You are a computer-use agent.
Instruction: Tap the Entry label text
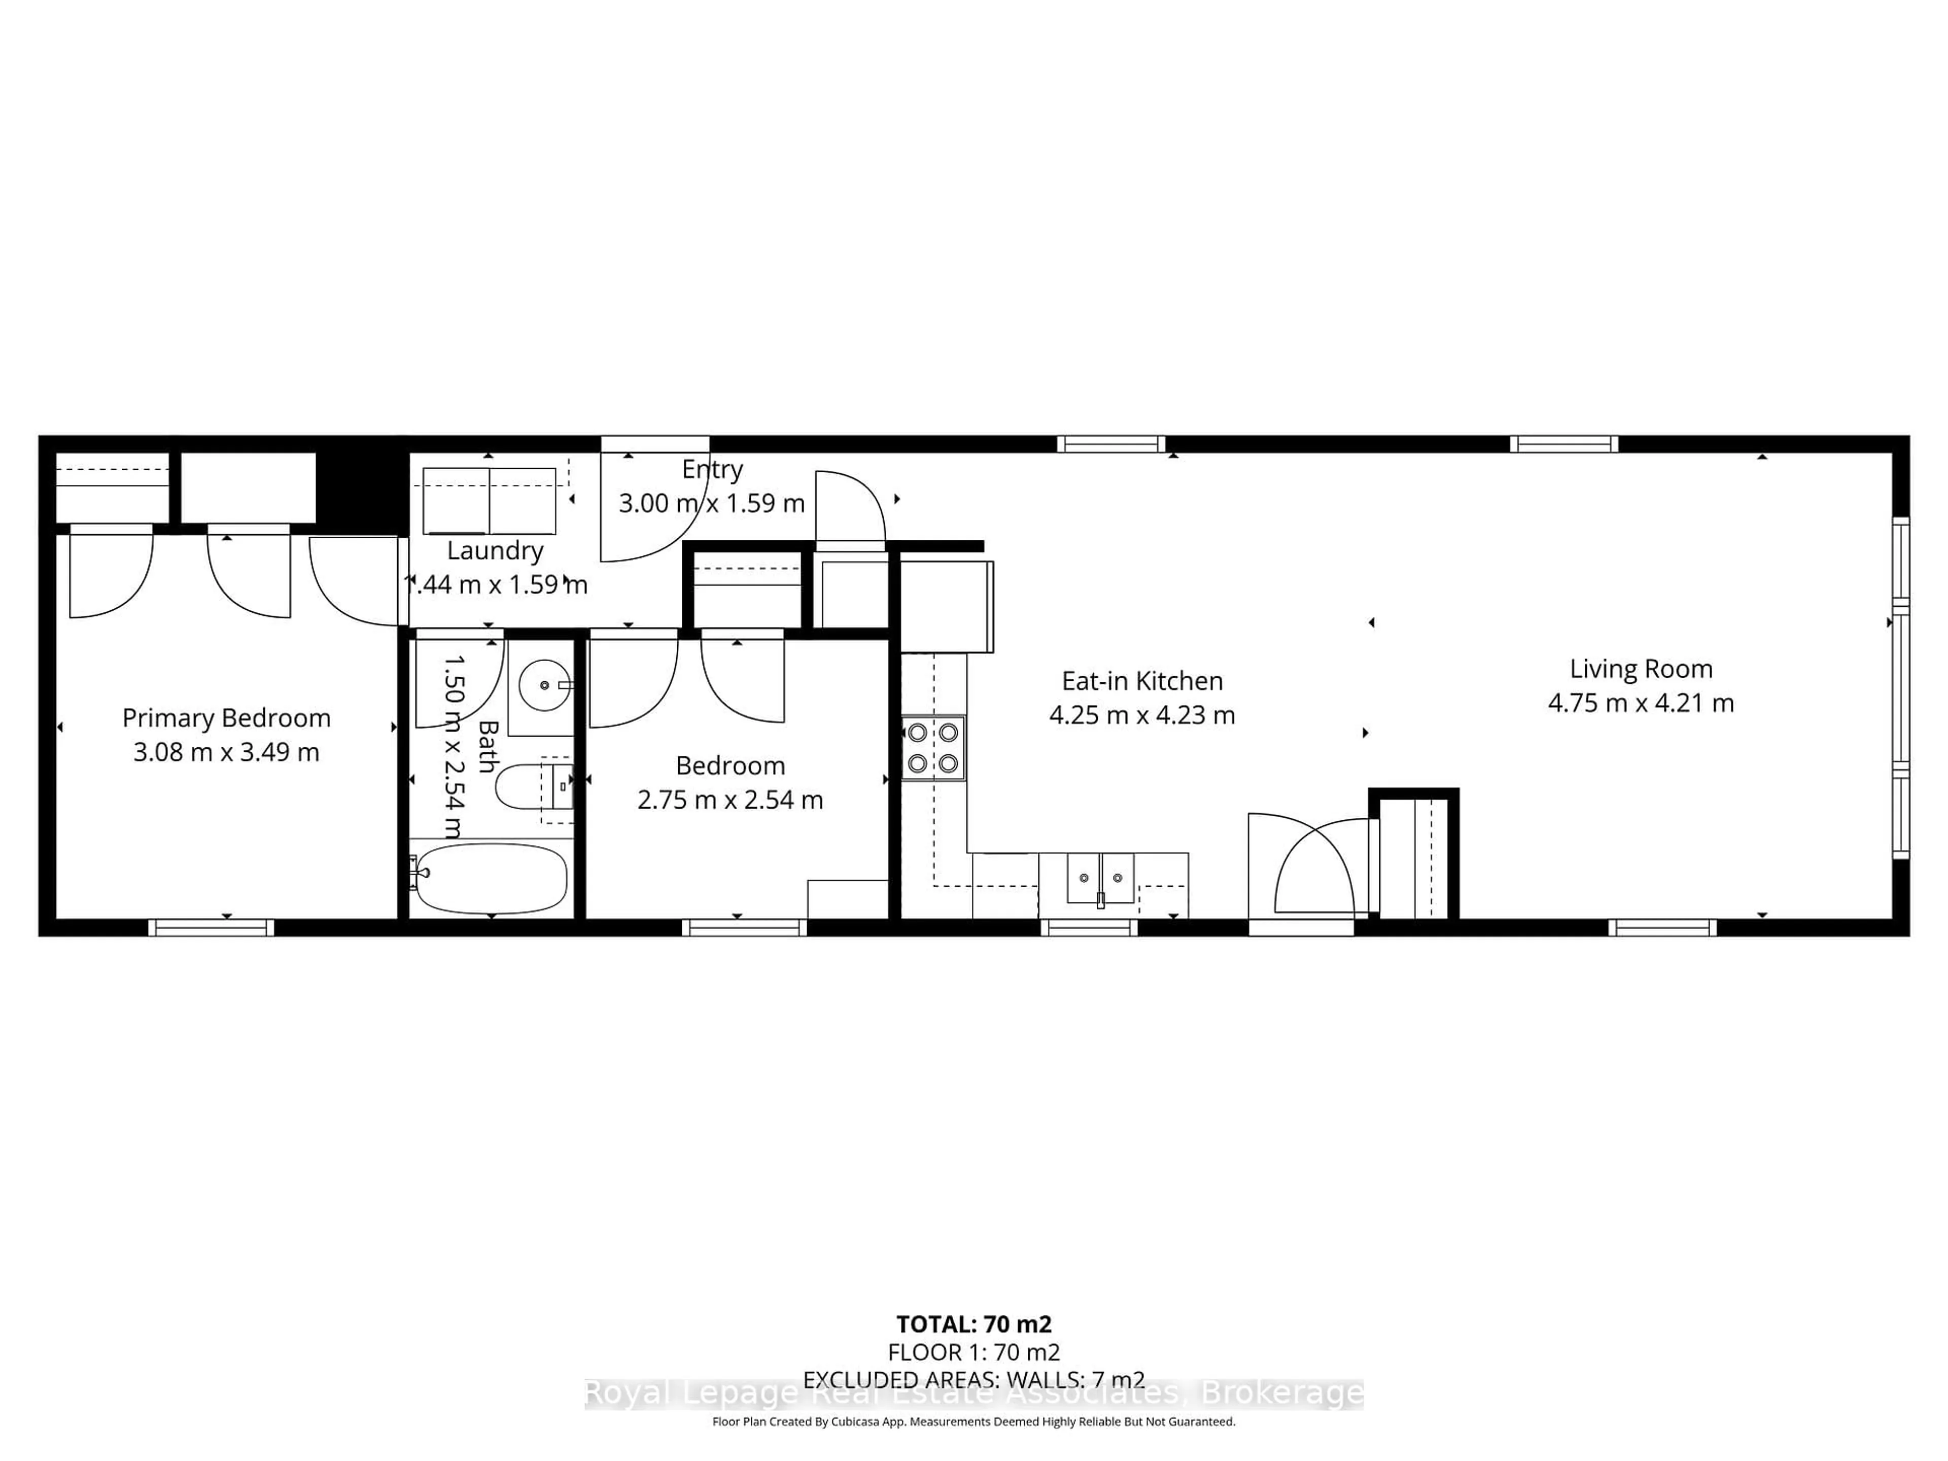[x=712, y=469]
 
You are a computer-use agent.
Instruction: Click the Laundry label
[x=495, y=550]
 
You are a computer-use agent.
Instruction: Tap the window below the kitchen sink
[x=1089, y=927]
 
